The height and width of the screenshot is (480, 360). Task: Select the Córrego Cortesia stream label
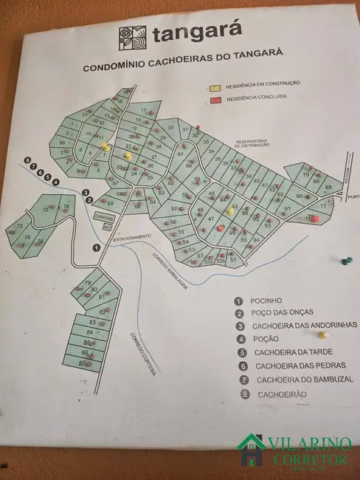(143, 353)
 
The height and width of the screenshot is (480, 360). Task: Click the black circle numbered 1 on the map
(97, 247)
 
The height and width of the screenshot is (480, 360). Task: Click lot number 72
(46, 210)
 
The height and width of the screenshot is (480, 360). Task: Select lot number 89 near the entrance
(328, 188)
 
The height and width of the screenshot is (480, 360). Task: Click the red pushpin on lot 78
(311, 217)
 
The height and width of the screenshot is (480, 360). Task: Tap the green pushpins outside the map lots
(345, 260)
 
